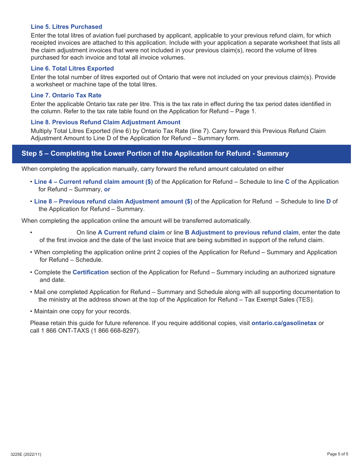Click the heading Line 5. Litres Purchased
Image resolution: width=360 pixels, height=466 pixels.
66,27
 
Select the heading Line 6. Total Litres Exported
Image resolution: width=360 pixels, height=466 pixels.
72,69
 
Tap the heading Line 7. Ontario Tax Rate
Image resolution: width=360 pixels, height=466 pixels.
66,95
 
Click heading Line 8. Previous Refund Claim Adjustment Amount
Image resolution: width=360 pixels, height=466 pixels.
105,122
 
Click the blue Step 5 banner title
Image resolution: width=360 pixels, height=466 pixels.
155,153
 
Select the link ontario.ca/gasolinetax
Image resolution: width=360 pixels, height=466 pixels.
284,323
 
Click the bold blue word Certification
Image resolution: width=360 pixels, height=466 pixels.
91,272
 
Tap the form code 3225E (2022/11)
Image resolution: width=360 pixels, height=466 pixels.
26,454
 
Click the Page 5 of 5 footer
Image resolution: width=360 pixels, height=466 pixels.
337,454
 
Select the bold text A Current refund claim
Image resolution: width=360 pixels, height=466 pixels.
131,233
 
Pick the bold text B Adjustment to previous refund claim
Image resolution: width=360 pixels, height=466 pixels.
241,233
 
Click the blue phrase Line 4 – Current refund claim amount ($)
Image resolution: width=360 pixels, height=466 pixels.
94,182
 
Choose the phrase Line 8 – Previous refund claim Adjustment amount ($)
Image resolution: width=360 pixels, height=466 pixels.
113,202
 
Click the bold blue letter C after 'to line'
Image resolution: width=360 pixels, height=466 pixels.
287,182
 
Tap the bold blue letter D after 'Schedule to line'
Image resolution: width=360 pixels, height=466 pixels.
329,202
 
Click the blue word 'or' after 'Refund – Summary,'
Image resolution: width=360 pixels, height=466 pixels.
107,189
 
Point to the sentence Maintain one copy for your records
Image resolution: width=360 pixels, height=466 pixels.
82,311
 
